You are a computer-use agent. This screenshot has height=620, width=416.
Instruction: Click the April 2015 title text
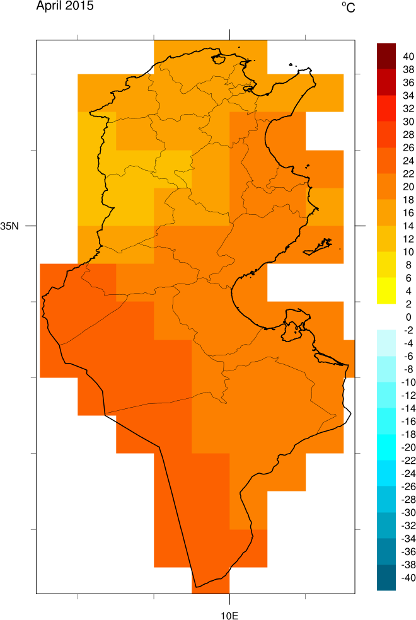tap(65, 7)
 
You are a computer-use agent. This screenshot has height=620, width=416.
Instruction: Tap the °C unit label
tap(349, 7)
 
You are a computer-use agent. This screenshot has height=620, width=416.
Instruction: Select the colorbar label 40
tap(408, 57)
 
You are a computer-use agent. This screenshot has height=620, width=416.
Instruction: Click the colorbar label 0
tap(408, 316)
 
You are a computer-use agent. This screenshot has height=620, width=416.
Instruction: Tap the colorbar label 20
tap(408, 187)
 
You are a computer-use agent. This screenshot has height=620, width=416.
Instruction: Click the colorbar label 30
tap(408, 122)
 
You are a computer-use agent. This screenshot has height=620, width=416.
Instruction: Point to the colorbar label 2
tap(408, 303)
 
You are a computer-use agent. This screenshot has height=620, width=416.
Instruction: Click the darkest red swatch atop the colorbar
tap(386, 50)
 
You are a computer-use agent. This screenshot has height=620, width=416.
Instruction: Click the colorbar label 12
tap(408, 238)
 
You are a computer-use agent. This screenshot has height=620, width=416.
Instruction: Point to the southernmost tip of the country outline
tap(195, 587)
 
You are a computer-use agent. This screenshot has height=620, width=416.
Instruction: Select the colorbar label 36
tap(408, 83)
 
